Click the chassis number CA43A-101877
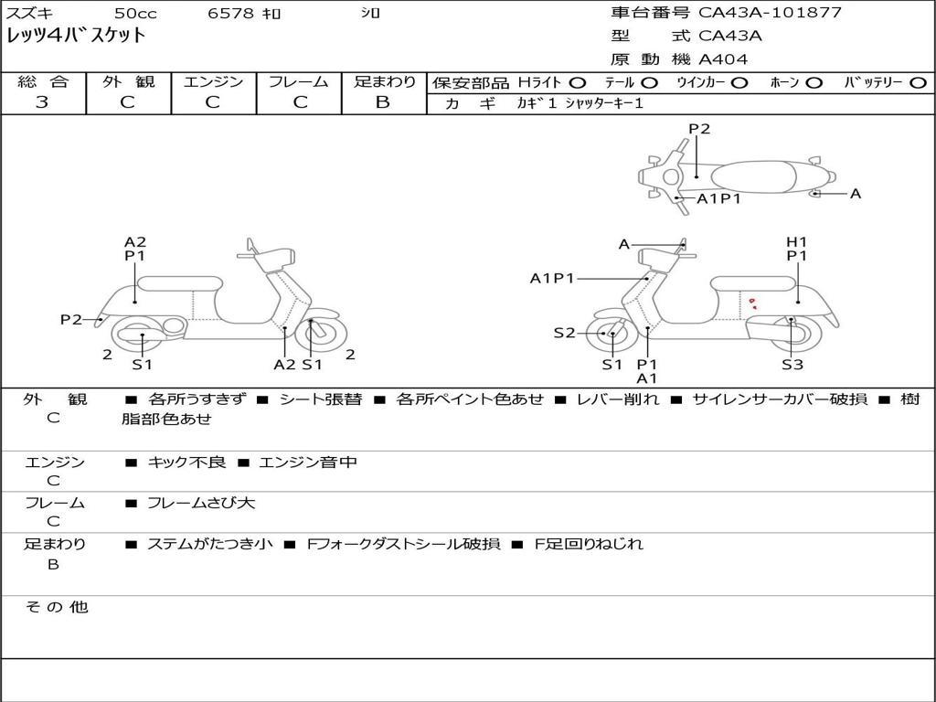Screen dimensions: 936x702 point(770,13)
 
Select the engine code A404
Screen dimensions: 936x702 point(723,59)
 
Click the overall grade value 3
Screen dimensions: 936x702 point(42,102)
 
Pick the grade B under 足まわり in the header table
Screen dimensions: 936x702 point(383,102)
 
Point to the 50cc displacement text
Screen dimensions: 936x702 point(134,13)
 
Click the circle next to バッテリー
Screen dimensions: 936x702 point(918,82)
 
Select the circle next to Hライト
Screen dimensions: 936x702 point(577,82)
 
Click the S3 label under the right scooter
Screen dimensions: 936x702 point(792,365)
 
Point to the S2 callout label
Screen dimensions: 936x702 point(564,333)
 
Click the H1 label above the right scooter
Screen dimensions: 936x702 point(797,242)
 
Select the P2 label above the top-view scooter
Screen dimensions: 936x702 point(699,129)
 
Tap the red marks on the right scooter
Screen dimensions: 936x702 point(752,303)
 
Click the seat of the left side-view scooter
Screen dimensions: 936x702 point(179,282)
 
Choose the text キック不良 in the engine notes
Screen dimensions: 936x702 point(186,463)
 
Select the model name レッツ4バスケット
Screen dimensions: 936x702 point(76,36)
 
